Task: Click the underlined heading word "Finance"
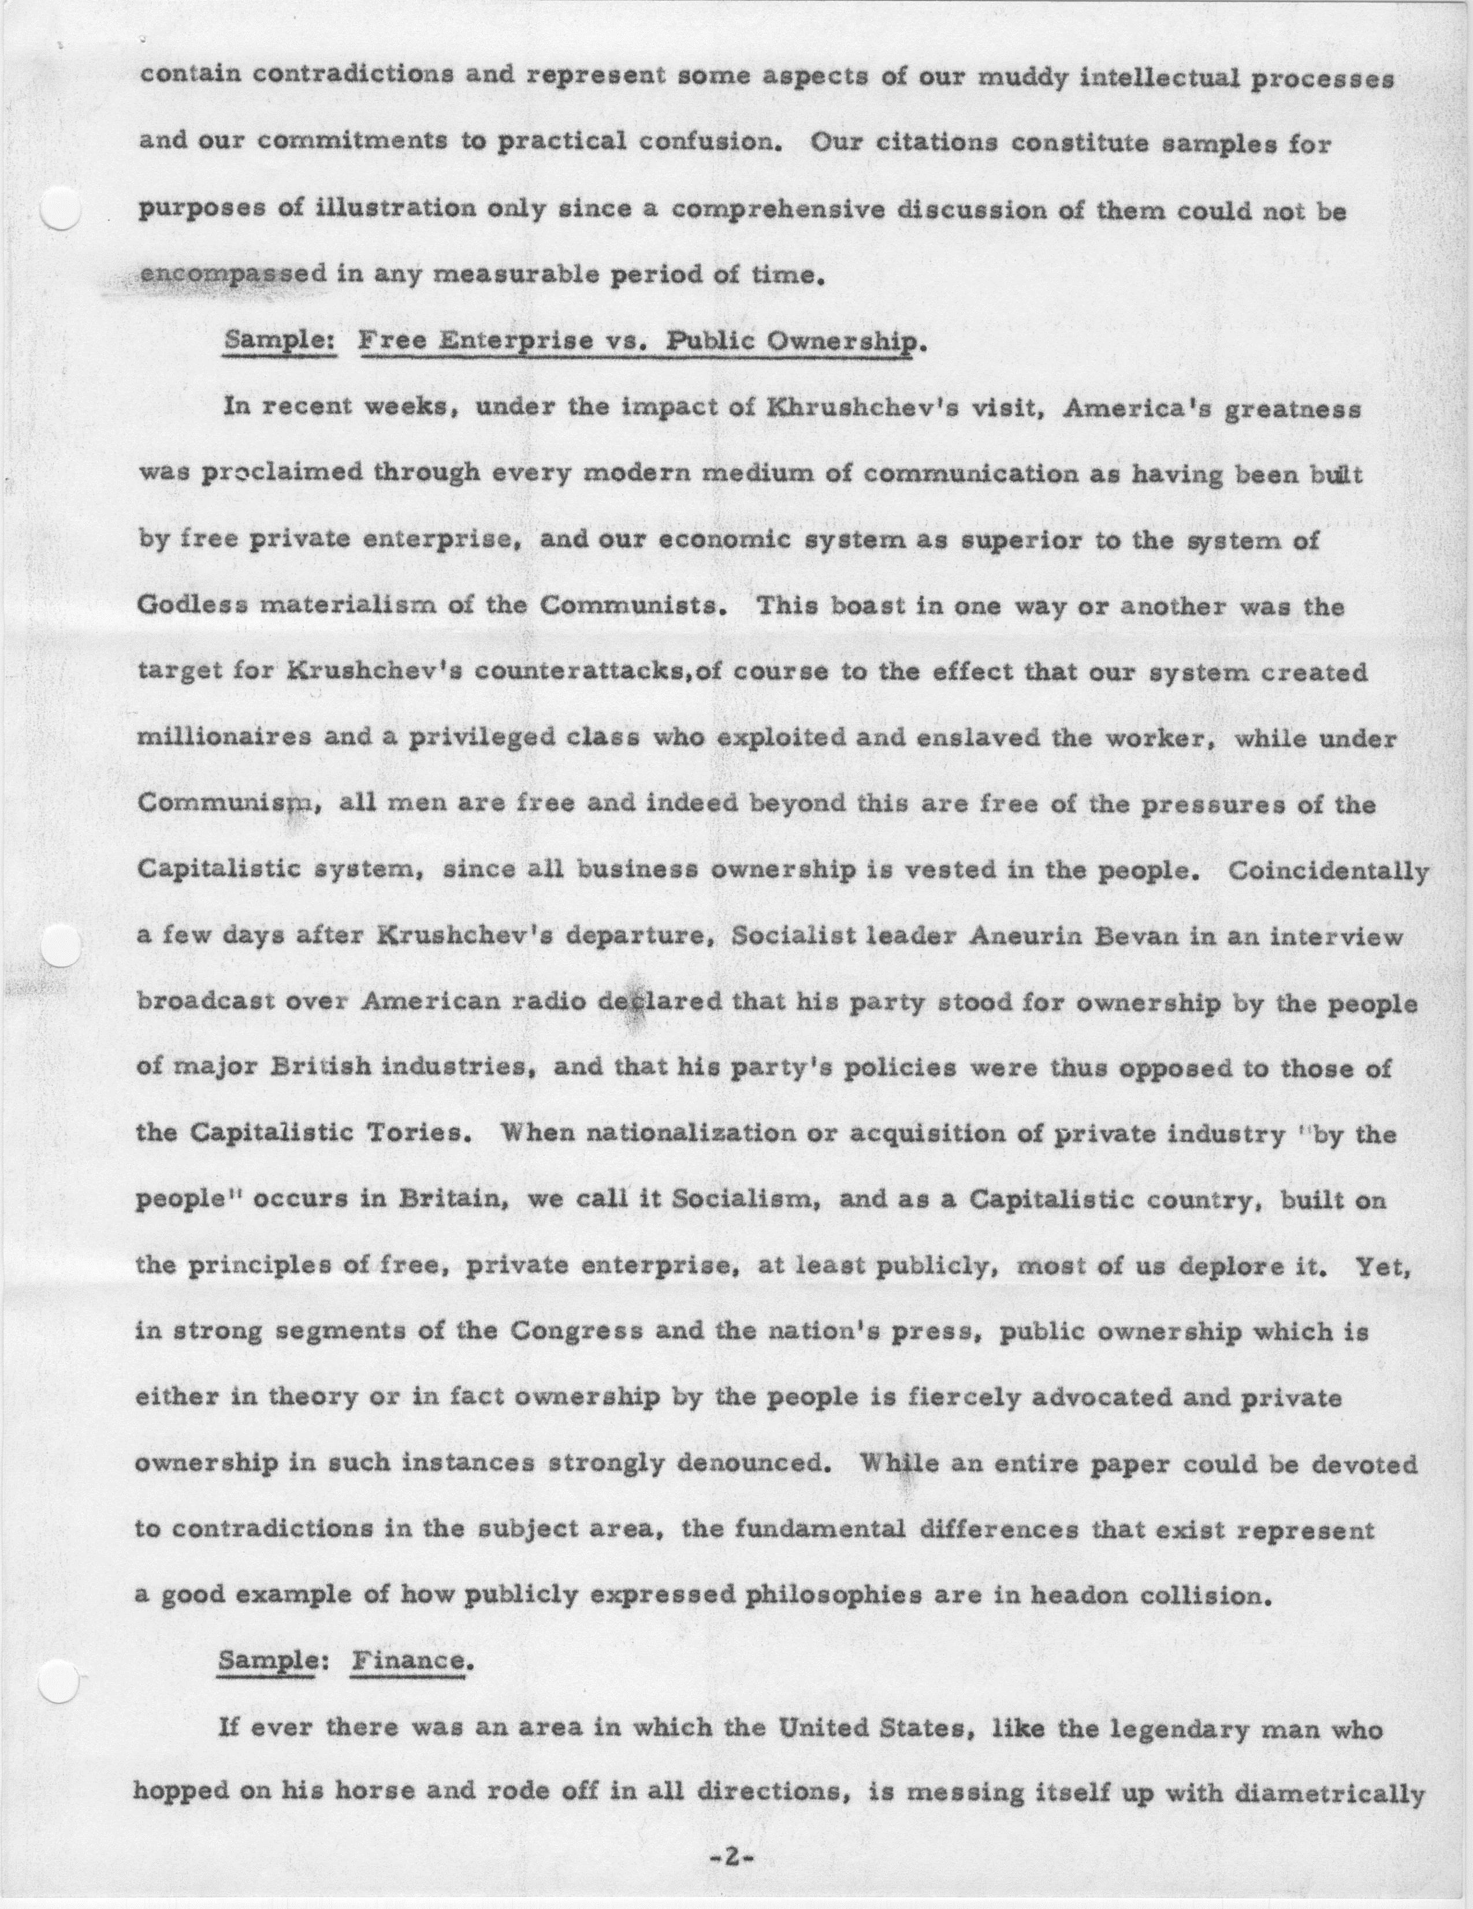tap(407, 1662)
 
